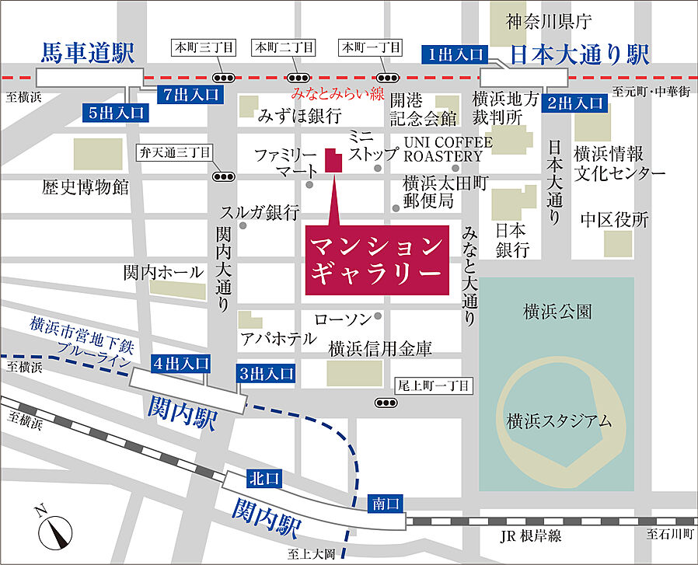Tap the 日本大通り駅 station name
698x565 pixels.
pos(580,54)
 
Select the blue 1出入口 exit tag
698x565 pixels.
pos(454,54)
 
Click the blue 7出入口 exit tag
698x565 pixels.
pos(192,94)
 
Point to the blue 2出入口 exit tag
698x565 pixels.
pos(575,101)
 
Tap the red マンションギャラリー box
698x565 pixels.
pos(377,260)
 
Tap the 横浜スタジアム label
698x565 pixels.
pos(557,421)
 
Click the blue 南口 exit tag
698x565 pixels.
pos(386,504)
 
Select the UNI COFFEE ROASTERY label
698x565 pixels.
pos(448,149)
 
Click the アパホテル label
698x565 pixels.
pos(277,338)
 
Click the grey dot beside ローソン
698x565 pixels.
pos(378,316)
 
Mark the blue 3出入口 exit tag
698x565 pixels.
pos(267,374)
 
